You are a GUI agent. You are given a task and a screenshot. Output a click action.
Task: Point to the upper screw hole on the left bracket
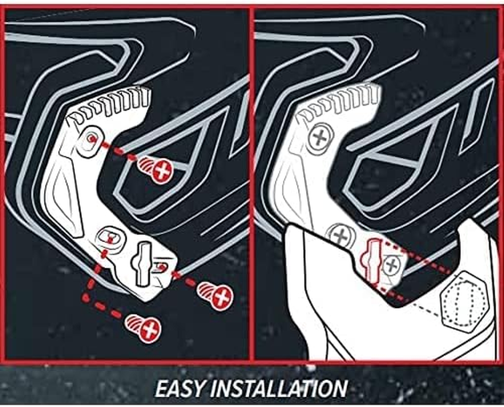(91, 138)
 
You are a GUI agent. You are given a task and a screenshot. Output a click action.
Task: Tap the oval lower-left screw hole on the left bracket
(107, 237)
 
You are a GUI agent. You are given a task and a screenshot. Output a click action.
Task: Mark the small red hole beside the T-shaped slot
(161, 266)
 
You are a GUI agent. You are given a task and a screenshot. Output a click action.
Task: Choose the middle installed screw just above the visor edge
(339, 235)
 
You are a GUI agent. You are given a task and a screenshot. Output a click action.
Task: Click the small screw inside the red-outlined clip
(391, 263)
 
